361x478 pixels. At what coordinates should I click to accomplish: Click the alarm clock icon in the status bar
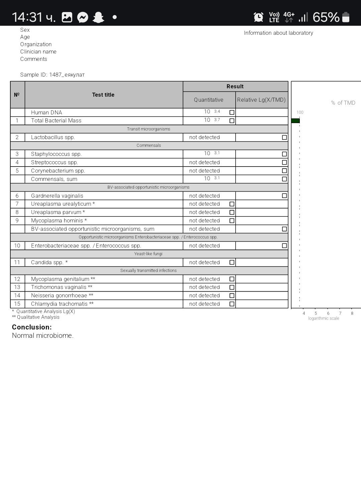pyautogui.click(x=258, y=17)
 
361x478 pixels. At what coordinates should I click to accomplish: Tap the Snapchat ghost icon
pyautogui.click(x=98, y=17)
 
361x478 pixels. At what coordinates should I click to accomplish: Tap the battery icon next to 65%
pyautogui.click(x=346, y=17)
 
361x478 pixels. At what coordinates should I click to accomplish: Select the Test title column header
pyautogui.click(x=103, y=95)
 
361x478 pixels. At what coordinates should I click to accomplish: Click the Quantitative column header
pyautogui.click(x=209, y=100)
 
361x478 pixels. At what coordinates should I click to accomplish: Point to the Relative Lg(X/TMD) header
pyautogui.click(x=261, y=100)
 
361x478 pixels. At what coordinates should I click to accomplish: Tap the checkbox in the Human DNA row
pyautogui.click(x=232, y=112)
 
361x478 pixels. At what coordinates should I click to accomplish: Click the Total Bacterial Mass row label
pyautogui.click(x=56, y=120)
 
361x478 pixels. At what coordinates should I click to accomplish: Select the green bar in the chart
pyautogui.click(x=295, y=121)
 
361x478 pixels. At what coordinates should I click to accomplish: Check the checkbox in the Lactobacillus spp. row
pyautogui.click(x=284, y=137)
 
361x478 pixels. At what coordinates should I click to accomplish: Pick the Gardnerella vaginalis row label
pyautogui.click(x=57, y=196)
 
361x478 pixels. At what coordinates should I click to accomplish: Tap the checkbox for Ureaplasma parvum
pyautogui.click(x=232, y=212)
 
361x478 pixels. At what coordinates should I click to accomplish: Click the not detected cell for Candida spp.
pyautogui.click(x=205, y=262)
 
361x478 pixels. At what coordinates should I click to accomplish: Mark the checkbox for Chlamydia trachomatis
pyautogui.click(x=232, y=304)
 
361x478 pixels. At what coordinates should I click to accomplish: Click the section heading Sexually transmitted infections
pyautogui.click(x=148, y=270)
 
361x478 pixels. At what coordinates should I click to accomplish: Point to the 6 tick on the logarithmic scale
pyautogui.click(x=328, y=313)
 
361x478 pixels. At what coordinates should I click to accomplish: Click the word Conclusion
pyautogui.click(x=32, y=327)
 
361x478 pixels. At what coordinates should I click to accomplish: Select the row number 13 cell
pyautogui.click(x=17, y=287)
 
